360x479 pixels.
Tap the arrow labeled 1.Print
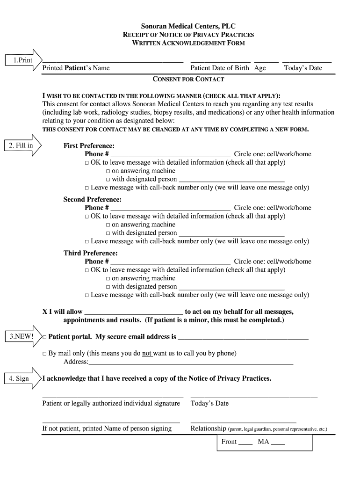click(22, 60)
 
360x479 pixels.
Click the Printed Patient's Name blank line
click(113, 61)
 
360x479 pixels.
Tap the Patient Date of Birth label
click(220, 68)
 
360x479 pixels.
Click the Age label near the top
click(260, 68)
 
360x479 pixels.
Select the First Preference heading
click(89, 145)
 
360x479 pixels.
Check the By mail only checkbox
click(44, 354)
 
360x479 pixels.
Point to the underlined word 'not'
click(147, 353)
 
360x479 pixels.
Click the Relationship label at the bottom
click(208, 428)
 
